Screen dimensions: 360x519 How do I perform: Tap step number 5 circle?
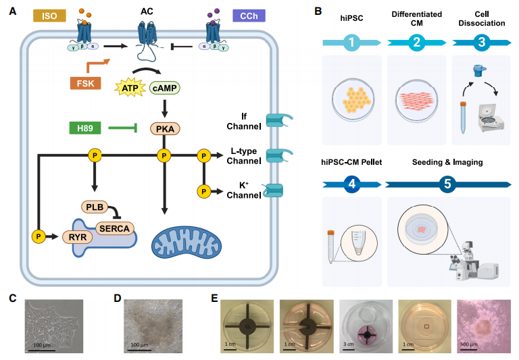point(447,182)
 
